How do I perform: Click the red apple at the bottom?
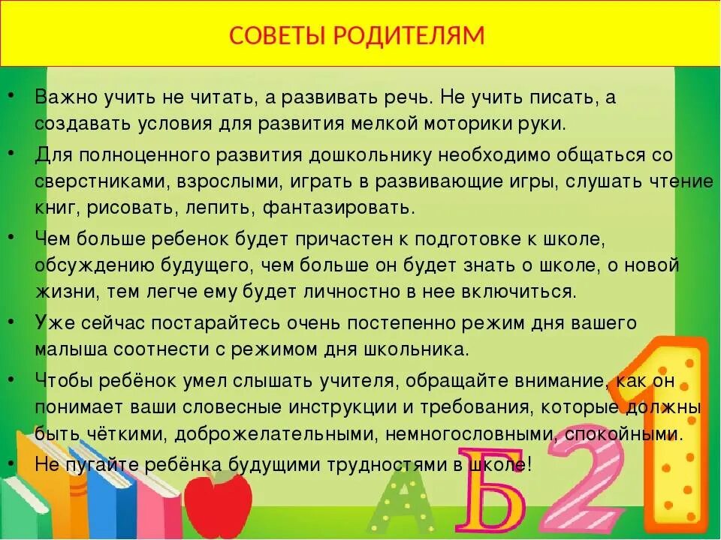click(217, 502)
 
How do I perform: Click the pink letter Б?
click(491, 490)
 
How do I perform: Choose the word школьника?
click(424, 349)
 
